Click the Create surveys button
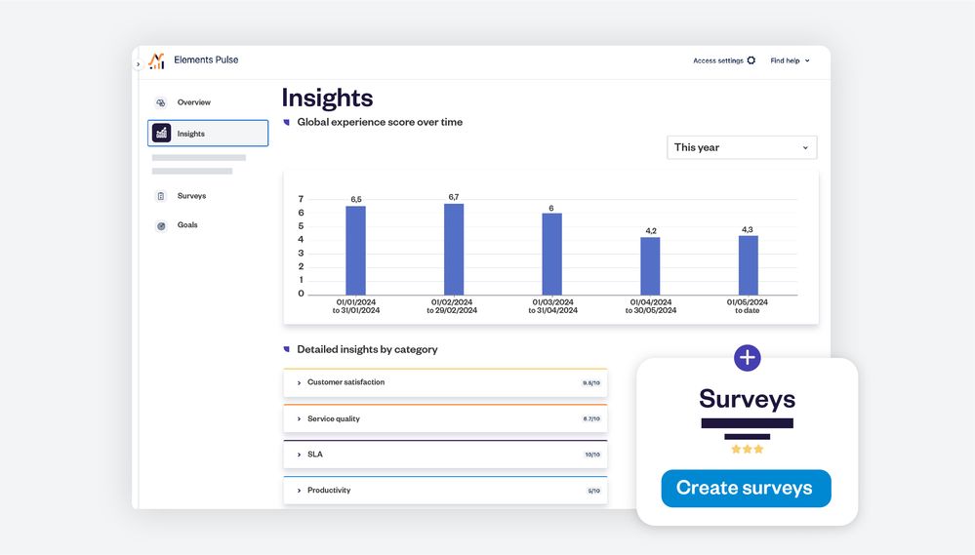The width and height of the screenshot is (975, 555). click(746, 489)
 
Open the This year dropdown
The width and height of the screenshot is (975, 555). click(742, 147)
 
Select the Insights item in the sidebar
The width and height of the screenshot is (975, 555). click(208, 134)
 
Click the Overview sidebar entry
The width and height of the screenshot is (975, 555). click(193, 102)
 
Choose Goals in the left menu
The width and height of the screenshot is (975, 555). click(187, 225)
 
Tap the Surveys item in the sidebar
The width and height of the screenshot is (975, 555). click(191, 196)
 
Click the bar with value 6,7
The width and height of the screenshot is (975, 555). click(454, 249)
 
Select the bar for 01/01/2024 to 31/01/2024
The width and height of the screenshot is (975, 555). click(355, 250)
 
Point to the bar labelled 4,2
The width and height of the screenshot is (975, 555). click(650, 265)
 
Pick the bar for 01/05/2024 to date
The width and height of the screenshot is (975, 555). click(748, 264)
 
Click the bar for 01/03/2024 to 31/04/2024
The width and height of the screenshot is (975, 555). click(551, 254)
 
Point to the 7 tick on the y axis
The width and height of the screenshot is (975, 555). click(301, 199)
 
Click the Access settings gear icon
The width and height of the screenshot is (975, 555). click(751, 60)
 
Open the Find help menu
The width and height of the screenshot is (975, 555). click(790, 60)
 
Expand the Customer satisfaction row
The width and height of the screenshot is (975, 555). click(444, 382)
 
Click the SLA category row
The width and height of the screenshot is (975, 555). click(444, 455)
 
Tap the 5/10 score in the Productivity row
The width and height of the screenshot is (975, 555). click(593, 491)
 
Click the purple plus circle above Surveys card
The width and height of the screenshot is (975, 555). click(747, 358)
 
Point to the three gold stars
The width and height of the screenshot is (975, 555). click(747, 450)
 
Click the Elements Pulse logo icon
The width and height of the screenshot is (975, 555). click(157, 60)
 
